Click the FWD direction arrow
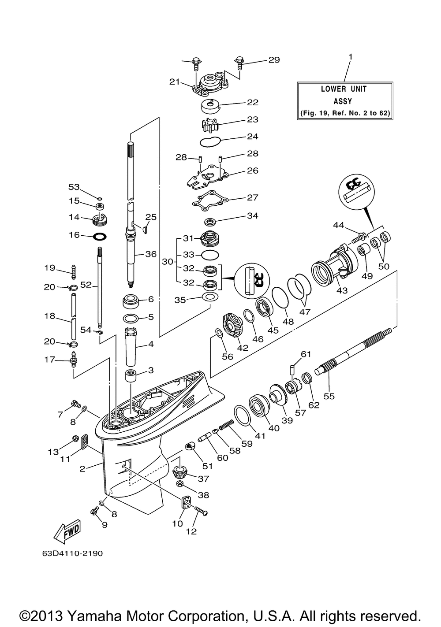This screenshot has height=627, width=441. click(x=67, y=531)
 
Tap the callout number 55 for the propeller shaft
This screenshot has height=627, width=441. click(x=329, y=397)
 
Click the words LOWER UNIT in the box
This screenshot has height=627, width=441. click(x=344, y=89)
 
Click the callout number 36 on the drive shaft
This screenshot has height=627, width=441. click(x=151, y=254)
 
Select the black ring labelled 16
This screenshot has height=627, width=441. click(x=100, y=236)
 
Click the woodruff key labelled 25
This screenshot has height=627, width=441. click(x=144, y=230)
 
